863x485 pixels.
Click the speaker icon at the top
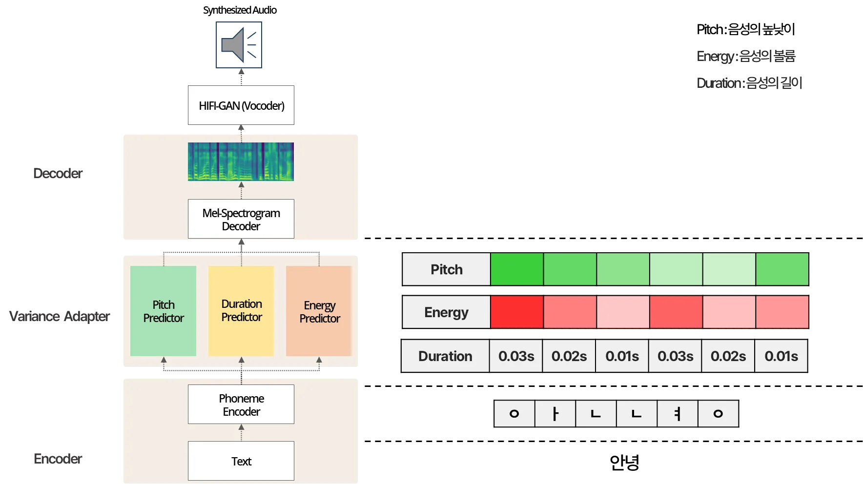[239, 45]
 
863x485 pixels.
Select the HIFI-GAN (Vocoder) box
[242, 105]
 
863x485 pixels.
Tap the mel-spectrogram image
[241, 162]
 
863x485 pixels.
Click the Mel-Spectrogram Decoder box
[241, 219]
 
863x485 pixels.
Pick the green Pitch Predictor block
[164, 311]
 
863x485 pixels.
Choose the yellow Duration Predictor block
[241, 311]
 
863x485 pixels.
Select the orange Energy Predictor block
[319, 311]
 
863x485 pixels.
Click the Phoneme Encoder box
[241, 404]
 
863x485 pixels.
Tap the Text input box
[241, 461]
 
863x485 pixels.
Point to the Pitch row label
[446, 269]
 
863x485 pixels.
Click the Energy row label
[446, 312]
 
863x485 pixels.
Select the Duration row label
[445, 356]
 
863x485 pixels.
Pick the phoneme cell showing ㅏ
[555, 414]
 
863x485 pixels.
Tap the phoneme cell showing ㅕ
[678, 414]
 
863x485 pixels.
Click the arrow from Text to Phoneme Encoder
[241, 432]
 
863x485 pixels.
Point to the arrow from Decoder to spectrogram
[241, 190]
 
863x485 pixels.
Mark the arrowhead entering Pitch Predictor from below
[164, 360]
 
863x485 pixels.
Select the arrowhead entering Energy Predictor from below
[319, 360]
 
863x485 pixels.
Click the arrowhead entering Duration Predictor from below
[241, 360]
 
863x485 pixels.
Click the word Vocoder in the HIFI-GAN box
[263, 106]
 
